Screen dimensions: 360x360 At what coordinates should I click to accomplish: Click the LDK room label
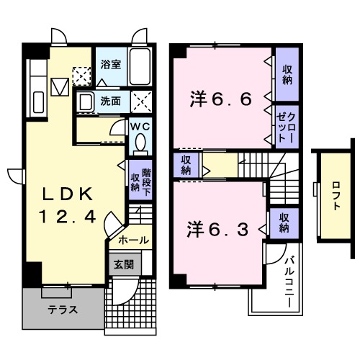[67, 194]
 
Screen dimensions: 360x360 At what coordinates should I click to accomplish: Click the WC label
[140, 126]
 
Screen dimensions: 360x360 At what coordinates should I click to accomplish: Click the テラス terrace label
[63, 310]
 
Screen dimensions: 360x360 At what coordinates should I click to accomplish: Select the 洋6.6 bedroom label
[221, 98]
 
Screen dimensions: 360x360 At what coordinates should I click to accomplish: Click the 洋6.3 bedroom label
[217, 230]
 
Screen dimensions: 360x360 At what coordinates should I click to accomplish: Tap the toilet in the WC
[140, 144]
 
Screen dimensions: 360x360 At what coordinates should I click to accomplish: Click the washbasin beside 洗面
[86, 102]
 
